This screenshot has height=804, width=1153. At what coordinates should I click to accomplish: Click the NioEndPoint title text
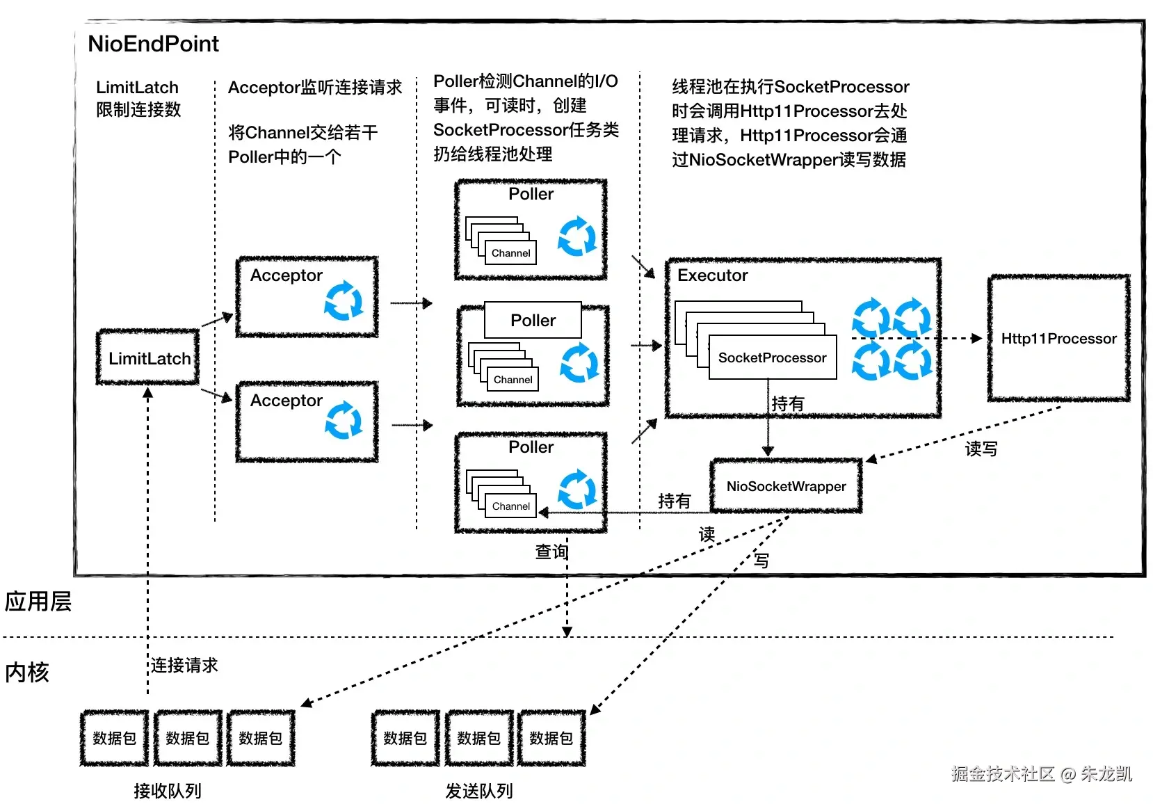tap(153, 44)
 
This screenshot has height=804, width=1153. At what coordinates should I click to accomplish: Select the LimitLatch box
tap(148, 357)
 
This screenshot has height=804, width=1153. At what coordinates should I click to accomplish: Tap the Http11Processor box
tap(1058, 339)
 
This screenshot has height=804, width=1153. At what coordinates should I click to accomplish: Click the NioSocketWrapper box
tap(786, 486)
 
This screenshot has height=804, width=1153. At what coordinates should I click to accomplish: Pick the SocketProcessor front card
tap(772, 357)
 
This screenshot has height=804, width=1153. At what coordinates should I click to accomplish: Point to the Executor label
tap(712, 275)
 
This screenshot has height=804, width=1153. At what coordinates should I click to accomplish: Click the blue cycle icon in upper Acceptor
tap(344, 300)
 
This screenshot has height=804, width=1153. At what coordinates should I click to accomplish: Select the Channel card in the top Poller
tap(510, 253)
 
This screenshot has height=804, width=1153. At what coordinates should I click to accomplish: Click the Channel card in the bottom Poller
tap(510, 506)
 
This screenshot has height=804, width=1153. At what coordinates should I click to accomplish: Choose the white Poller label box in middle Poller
tap(533, 320)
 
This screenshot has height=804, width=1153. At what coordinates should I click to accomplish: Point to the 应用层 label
tap(38, 602)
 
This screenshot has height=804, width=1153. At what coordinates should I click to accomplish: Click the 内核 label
tap(27, 673)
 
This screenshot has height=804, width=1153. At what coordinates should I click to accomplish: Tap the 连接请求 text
tap(184, 666)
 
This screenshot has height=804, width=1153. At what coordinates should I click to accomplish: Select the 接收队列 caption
tap(168, 791)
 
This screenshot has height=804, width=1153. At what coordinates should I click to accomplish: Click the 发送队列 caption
tap(479, 791)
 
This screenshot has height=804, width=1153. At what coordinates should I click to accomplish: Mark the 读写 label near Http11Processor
tap(981, 449)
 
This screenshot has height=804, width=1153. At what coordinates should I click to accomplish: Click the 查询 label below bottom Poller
tap(551, 552)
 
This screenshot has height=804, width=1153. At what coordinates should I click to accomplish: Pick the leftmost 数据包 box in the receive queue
tap(115, 738)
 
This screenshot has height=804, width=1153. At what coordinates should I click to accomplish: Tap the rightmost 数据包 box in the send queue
tap(551, 738)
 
